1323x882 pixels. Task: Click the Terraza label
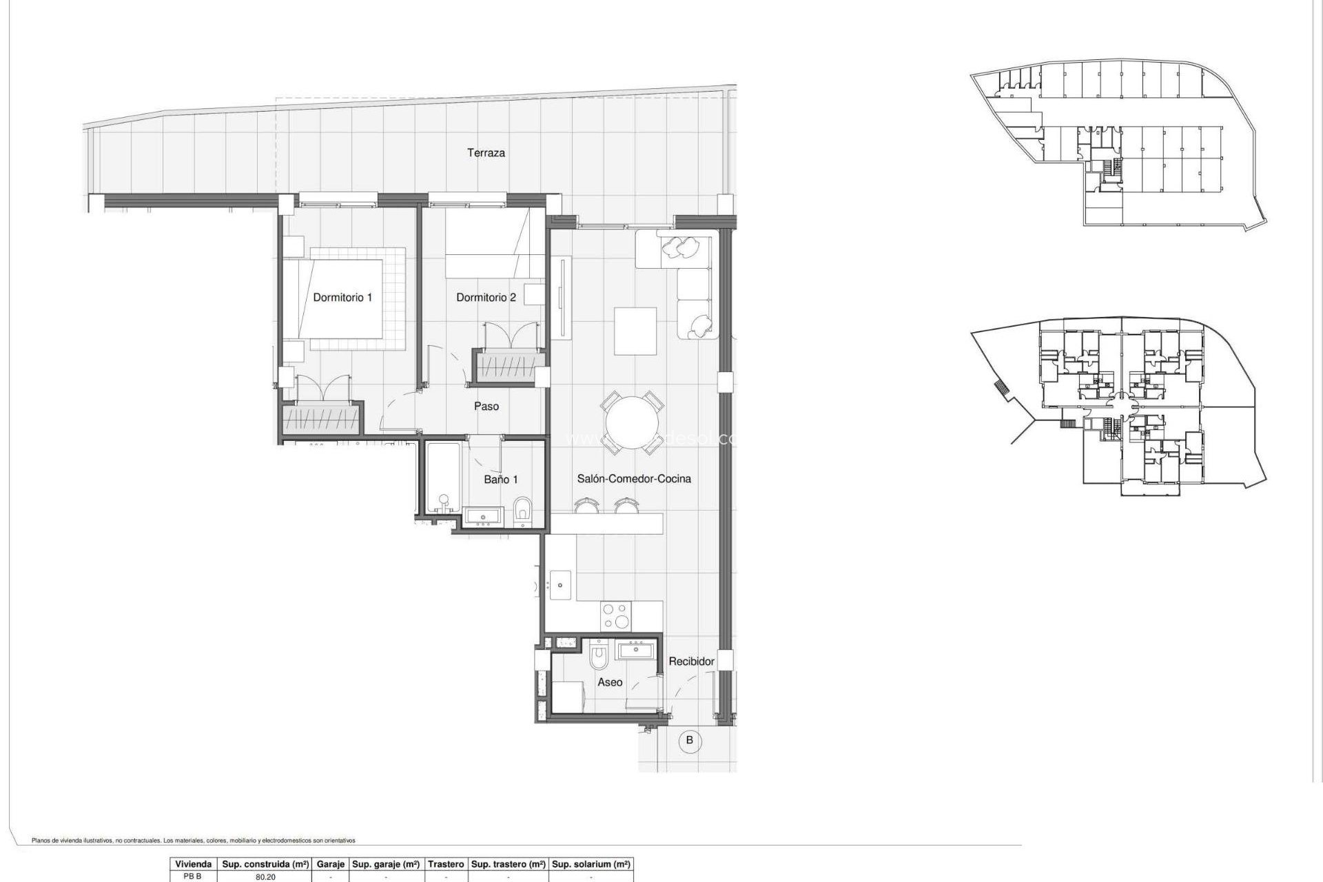pyautogui.click(x=486, y=153)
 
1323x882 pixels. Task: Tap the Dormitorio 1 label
pyautogui.click(x=342, y=298)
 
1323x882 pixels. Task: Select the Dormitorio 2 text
pyautogui.click(x=486, y=298)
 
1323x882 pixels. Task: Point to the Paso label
pyautogui.click(x=486, y=407)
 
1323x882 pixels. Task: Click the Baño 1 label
pyautogui.click(x=500, y=480)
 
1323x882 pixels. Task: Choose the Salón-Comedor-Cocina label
pyautogui.click(x=633, y=479)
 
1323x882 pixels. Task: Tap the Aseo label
pyautogui.click(x=610, y=682)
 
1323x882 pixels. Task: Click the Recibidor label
pyautogui.click(x=691, y=661)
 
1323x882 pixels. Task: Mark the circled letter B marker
pyautogui.click(x=689, y=741)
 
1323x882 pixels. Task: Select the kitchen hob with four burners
pyautogui.click(x=615, y=615)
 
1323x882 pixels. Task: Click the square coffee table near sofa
pyautogui.click(x=635, y=331)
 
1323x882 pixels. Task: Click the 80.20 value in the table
pyautogui.click(x=265, y=877)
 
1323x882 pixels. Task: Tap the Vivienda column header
pyautogui.click(x=193, y=864)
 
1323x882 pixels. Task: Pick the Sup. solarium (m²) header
pyautogui.click(x=591, y=864)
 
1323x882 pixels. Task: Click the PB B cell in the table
pyautogui.click(x=193, y=877)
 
